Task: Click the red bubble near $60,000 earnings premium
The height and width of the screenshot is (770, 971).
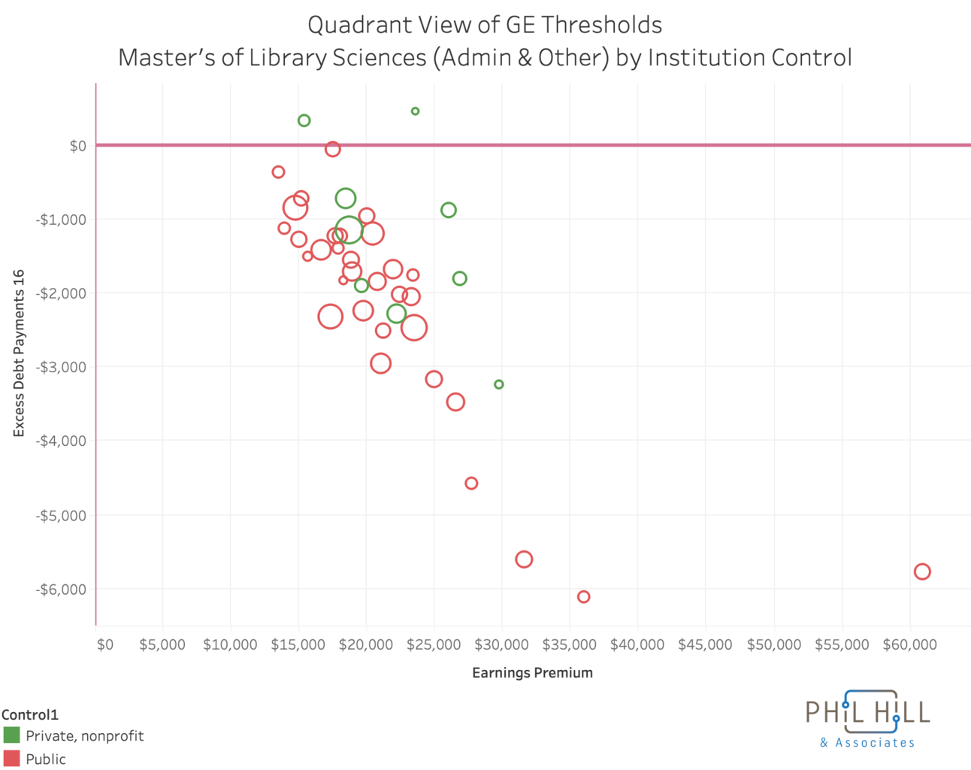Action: pos(922,571)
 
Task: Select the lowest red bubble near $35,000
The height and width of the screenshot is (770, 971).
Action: pos(583,596)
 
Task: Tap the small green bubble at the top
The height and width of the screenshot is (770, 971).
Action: pos(415,111)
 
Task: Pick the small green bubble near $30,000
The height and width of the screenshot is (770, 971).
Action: pos(499,384)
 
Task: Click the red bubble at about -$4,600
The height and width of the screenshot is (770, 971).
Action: pos(471,483)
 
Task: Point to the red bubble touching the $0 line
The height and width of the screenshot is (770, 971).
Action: pos(332,149)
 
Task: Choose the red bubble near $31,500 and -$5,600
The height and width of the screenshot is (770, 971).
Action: pos(524,559)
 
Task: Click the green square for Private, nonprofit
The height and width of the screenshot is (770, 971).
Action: pos(11,735)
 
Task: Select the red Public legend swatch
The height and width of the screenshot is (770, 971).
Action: pos(11,758)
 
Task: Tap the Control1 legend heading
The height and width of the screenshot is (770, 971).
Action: pos(30,714)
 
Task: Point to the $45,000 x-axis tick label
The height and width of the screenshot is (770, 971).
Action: pos(704,644)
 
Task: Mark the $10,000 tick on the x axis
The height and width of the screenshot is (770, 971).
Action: pos(230,644)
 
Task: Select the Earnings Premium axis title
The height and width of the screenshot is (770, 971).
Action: pos(532,672)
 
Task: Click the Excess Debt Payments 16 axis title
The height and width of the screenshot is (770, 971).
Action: pos(19,353)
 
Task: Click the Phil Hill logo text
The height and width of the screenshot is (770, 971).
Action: pos(867,712)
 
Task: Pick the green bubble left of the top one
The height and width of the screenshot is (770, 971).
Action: pos(304,120)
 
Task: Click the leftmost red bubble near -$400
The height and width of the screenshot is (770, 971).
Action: pos(278,172)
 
